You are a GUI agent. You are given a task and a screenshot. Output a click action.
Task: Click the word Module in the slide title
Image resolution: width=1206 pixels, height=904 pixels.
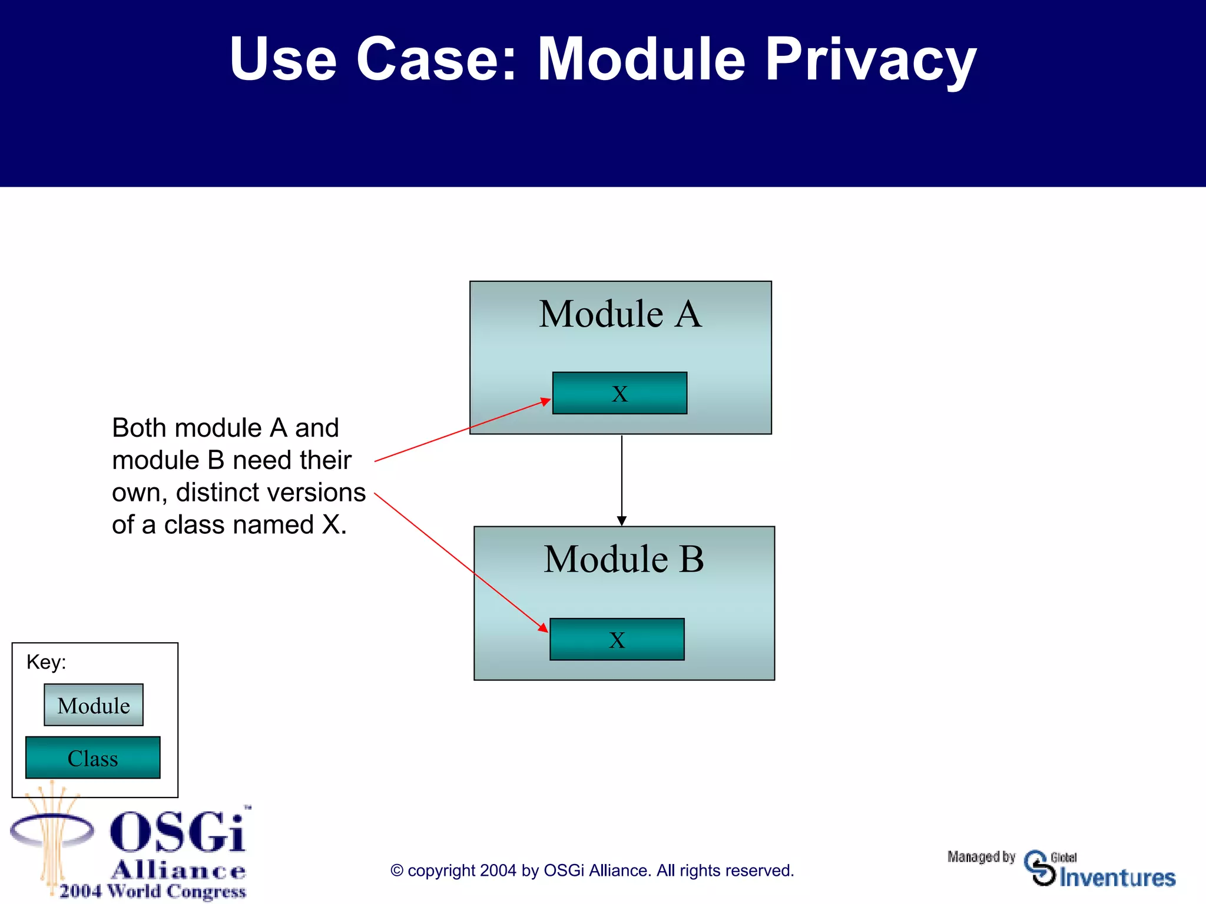(x=641, y=59)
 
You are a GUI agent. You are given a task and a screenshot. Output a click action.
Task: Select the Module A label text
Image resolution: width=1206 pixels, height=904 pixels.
(x=620, y=314)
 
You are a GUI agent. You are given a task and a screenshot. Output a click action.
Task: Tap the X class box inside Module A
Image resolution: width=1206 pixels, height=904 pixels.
(x=619, y=393)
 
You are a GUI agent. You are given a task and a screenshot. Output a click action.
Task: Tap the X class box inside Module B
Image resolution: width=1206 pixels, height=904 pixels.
(x=617, y=639)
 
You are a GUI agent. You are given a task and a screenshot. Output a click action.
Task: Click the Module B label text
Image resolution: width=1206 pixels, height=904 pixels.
(x=624, y=559)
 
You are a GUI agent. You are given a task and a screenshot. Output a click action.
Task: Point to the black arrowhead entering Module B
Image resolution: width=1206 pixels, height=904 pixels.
(x=621, y=521)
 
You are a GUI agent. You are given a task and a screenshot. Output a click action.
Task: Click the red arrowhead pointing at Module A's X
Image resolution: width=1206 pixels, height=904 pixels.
(x=545, y=402)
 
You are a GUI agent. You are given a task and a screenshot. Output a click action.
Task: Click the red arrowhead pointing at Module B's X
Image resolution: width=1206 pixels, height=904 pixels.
(x=543, y=628)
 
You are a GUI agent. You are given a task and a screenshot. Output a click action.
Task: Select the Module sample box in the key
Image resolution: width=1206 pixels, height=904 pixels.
(x=94, y=704)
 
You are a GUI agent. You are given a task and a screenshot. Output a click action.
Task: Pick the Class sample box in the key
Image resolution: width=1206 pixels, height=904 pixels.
(x=93, y=757)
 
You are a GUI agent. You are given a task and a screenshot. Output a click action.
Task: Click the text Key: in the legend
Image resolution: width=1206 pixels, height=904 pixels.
(x=46, y=662)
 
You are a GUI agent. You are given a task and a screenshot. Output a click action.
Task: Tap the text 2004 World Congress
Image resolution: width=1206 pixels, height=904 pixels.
(x=153, y=891)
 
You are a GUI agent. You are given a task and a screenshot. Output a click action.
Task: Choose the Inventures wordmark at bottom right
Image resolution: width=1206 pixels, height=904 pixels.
(x=1117, y=878)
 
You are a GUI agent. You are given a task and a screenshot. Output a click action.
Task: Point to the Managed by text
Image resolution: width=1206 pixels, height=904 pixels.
(x=981, y=857)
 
